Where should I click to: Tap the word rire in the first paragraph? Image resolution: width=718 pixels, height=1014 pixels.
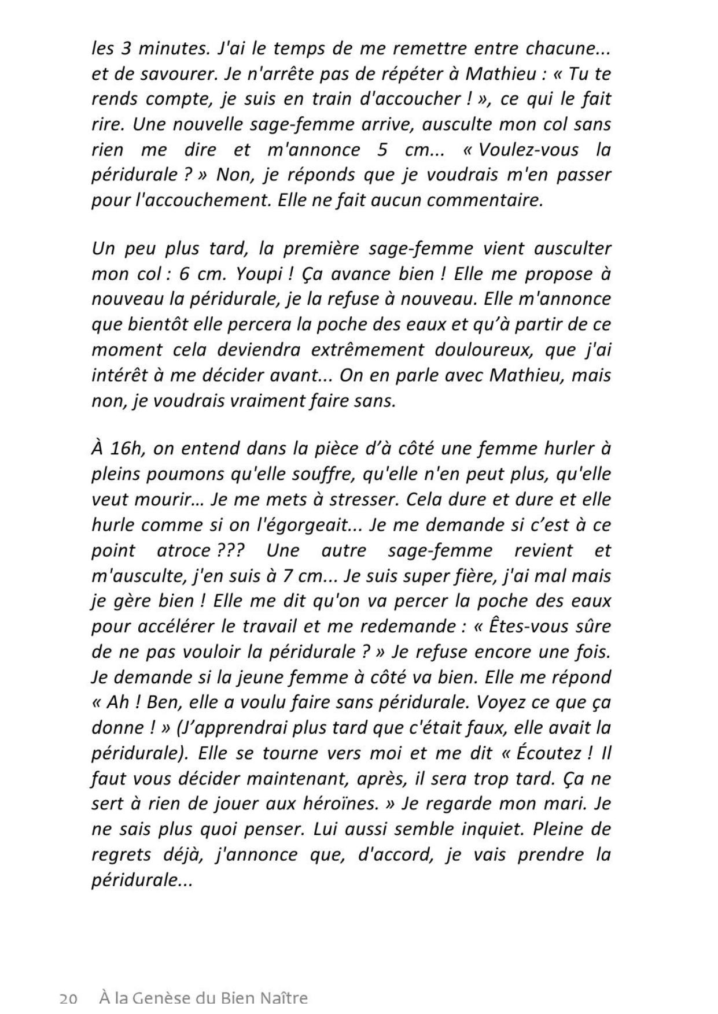coord(108,124)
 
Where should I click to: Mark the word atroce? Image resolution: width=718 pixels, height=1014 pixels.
coord(185,550)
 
